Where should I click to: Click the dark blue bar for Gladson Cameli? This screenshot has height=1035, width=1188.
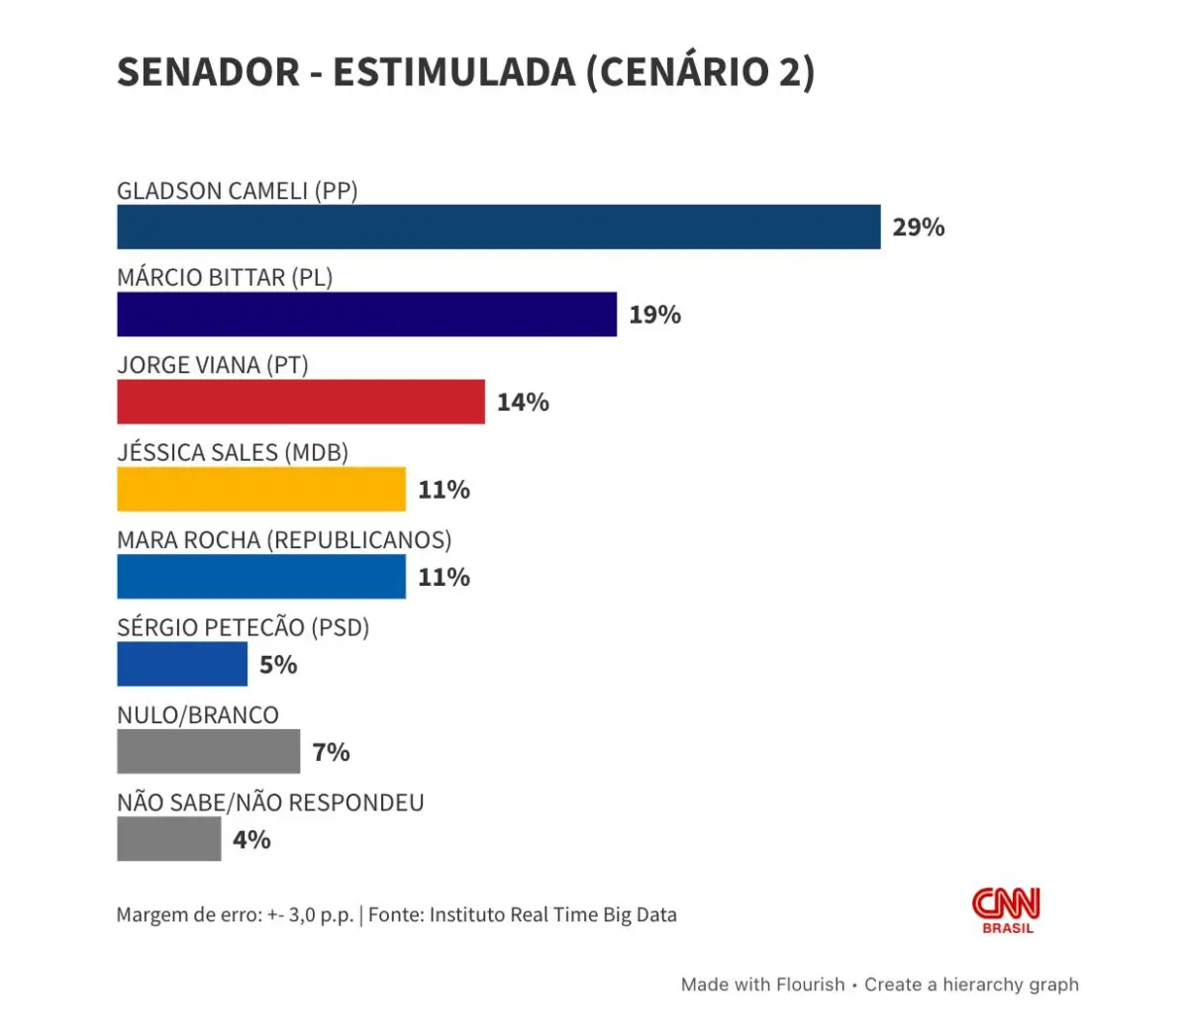[x=498, y=227]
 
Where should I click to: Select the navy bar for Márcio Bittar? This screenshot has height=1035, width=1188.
[x=366, y=314]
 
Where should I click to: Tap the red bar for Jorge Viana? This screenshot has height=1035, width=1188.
[x=301, y=402]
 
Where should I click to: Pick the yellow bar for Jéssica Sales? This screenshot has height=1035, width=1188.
[x=261, y=489]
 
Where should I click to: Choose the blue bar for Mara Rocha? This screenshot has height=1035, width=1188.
[x=261, y=577]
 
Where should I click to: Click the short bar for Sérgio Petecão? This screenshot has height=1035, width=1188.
[x=182, y=664]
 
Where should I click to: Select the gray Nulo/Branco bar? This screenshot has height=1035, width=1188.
[x=208, y=751]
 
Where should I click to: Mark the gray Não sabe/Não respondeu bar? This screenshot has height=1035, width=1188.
[x=168, y=839]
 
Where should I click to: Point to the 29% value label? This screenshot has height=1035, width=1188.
[x=918, y=228]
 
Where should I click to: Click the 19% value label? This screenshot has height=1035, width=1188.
[x=654, y=315]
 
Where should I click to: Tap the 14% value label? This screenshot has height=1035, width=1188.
[x=523, y=402]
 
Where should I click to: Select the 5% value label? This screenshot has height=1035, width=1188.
[x=278, y=665]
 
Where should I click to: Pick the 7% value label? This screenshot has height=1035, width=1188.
[x=331, y=752]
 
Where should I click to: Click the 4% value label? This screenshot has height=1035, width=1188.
[x=251, y=840]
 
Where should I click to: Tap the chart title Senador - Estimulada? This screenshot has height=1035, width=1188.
[x=465, y=72]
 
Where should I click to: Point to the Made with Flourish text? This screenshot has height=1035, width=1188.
[x=762, y=985]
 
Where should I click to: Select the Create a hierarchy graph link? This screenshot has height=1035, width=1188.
[x=971, y=985]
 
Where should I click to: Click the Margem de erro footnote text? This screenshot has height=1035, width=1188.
[x=396, y=914]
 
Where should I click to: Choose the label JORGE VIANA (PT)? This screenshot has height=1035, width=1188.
[x=213, y=365]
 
